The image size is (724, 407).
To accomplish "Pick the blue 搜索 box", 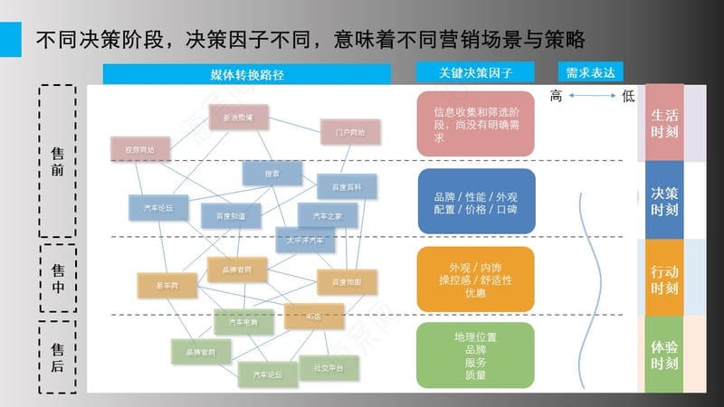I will [x=271, y=173].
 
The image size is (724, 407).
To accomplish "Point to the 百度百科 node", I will [x=347, y=186].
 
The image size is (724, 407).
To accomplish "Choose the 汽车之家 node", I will [x=328, y=216].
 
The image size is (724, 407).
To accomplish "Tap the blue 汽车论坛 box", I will [x=158, y=208].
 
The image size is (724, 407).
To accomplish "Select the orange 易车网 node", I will [x=167, y=285].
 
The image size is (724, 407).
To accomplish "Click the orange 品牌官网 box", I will [x=237, y=270].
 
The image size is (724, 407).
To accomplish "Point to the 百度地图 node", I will [x=347, y=282].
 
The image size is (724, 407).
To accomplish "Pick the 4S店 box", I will [x=313, y=316].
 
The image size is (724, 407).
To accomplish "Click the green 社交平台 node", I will [x=329, y=368].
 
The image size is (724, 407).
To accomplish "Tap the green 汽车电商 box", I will [x=243, y=322].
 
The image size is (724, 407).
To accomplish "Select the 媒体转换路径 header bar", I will [x=246, y=74].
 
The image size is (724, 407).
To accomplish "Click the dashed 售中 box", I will [x=58, y=277].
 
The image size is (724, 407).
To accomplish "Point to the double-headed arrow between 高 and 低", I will [x=593, y=96].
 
